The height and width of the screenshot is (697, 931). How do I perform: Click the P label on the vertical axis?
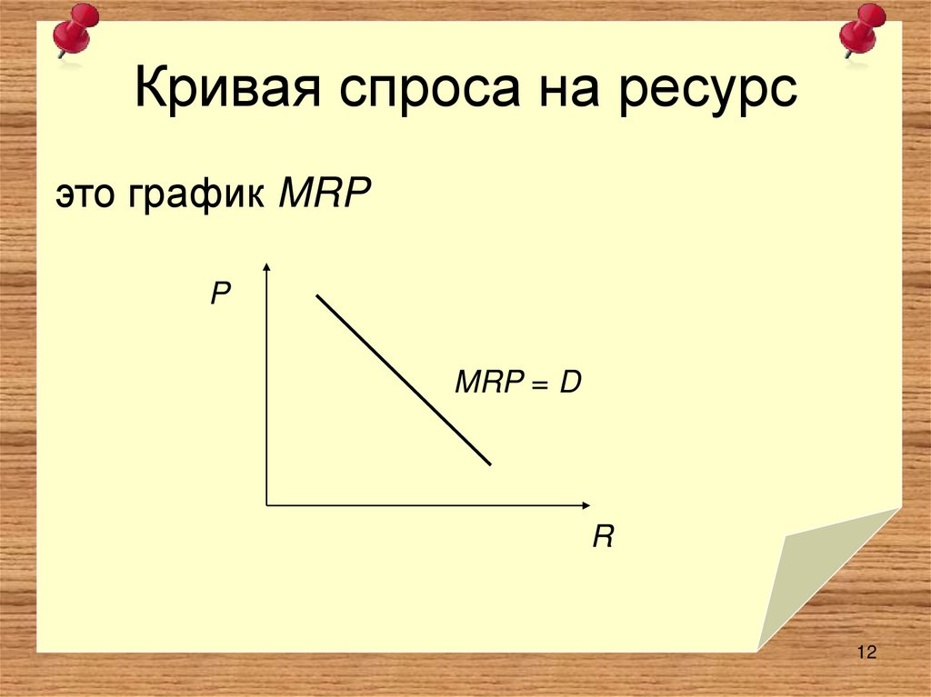(x=221, y=294)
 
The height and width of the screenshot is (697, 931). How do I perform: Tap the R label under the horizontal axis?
(x=602, y=537)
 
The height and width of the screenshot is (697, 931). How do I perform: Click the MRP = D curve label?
(x=517, y=383)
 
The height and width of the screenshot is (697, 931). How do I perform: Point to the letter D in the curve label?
(x=570, y=383)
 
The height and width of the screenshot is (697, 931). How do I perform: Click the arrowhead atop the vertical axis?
(x=266, y=266)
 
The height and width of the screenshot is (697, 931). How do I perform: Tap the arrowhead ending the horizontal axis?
(x=586, y=503)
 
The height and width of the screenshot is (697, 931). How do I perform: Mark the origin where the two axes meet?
(x=266, y=503)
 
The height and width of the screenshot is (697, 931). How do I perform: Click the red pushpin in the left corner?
(x=74, y=30)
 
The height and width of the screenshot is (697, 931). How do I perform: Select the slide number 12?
(x=865, y=652)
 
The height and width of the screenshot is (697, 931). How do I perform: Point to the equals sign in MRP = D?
(x=541, y=384)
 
